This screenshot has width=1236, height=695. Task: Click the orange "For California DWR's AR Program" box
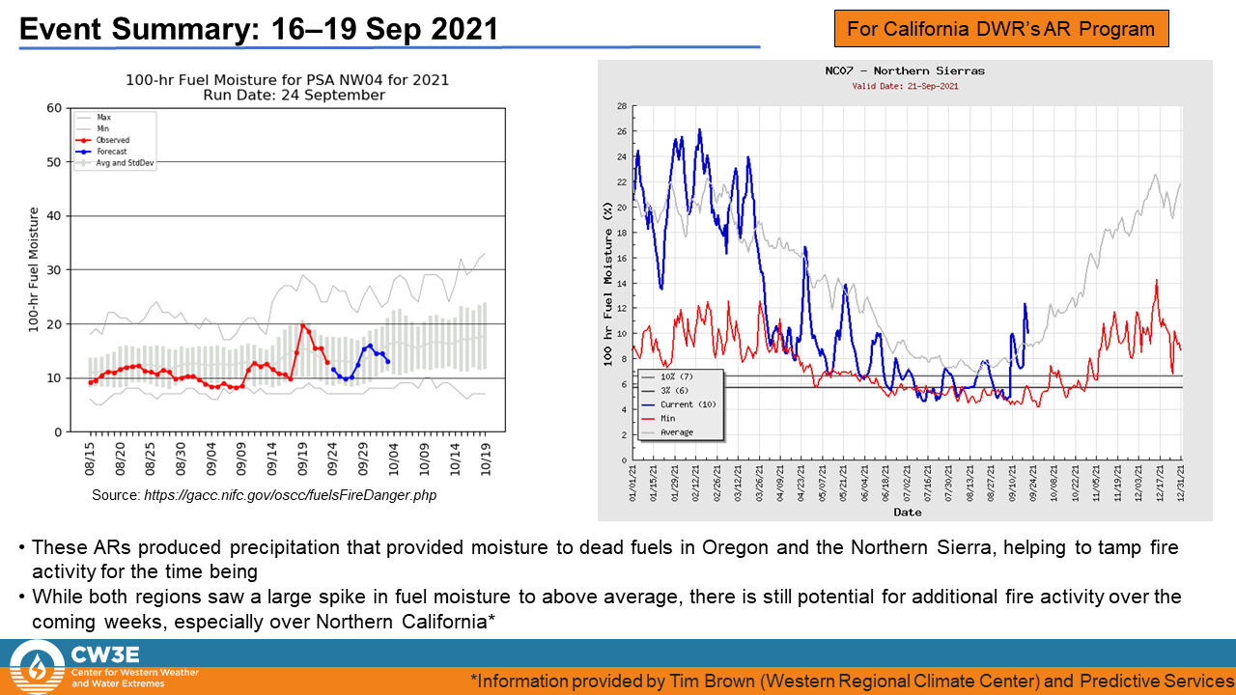click(x=1000, y=29)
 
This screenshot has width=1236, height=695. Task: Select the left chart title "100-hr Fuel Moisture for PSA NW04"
click(x=287, y=80)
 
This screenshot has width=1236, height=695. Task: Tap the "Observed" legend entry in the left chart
click(x=113, y=140)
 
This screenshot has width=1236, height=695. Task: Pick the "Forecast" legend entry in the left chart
click(x=113, y=152)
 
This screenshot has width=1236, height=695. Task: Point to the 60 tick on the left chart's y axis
click(x=53, y=107)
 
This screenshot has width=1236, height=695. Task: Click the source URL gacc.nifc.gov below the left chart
click(x=289, y=495)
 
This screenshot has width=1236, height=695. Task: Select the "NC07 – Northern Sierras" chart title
click(x=905, y=71)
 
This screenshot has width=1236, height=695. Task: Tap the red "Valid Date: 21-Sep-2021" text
click(x=905, y=86)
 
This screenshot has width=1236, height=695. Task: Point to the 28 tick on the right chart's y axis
click(x=622, y=106)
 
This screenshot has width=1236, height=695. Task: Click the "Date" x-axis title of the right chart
click(x=907, y=512)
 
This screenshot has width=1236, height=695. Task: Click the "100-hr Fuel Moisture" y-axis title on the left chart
click(x=33, y=269)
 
